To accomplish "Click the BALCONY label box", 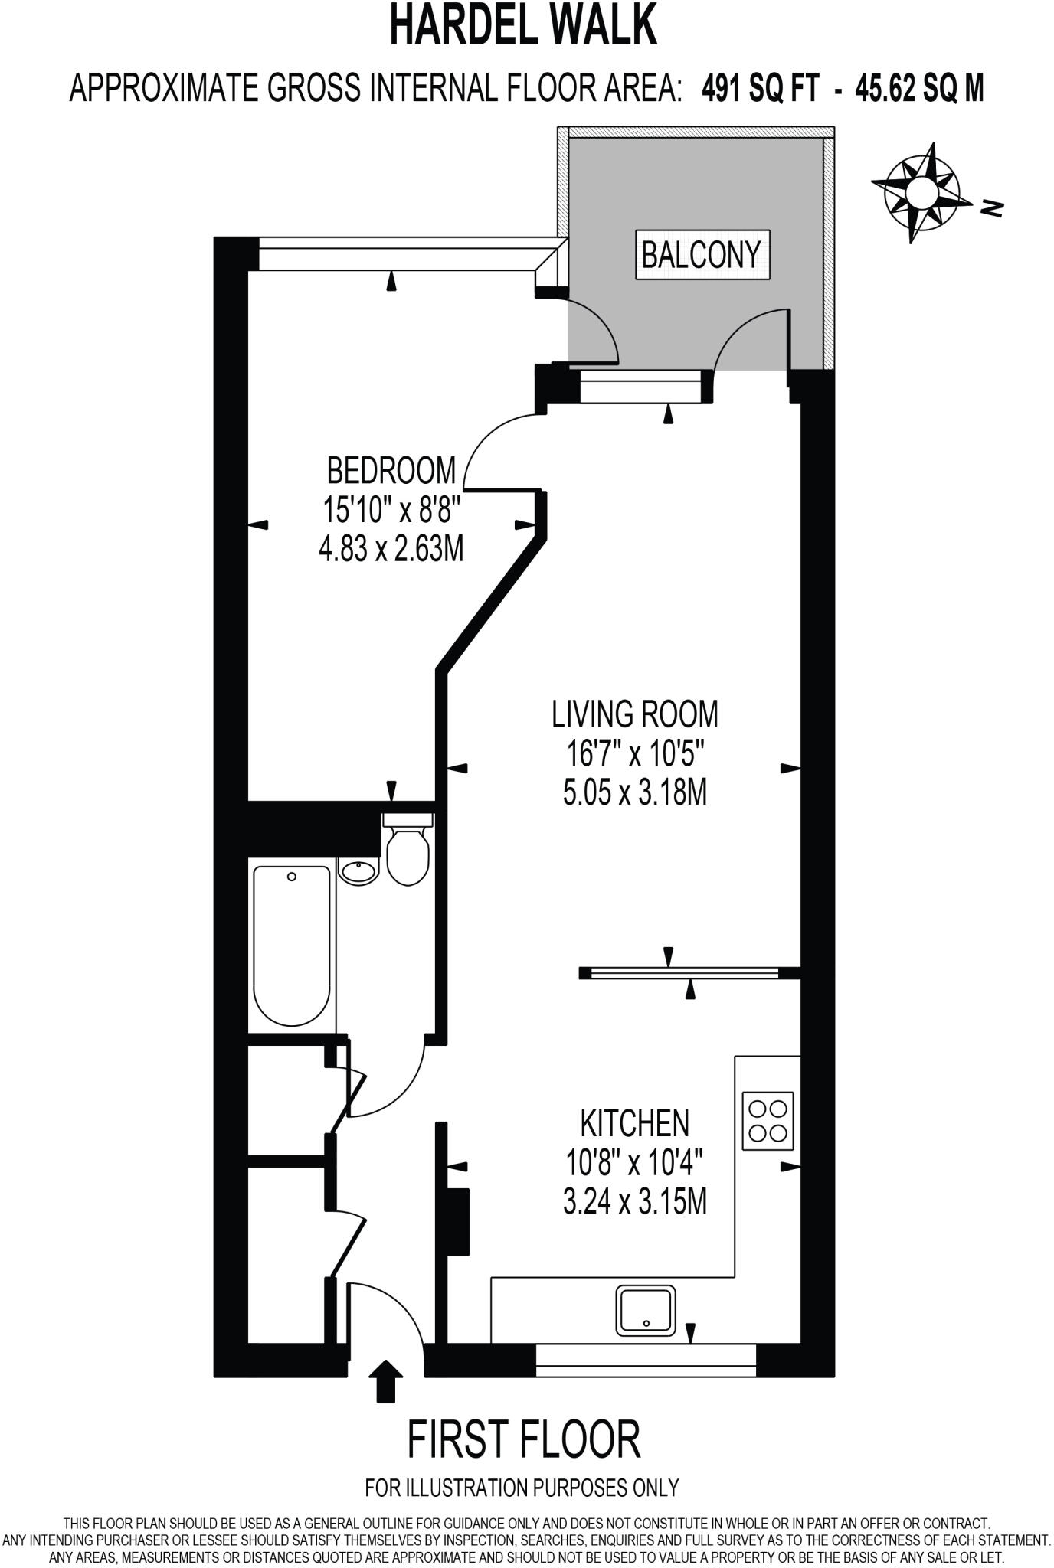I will [x=702, y=254].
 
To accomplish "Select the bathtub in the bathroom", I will [x=292, y=946].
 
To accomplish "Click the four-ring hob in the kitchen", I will [x=768, y=1121].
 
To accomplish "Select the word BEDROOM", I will [x=391, y=470].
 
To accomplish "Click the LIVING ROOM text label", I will [x=635, y=714].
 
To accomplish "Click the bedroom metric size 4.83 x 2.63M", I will [x=391, y=549].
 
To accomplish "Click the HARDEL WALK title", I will [x=524, y=26].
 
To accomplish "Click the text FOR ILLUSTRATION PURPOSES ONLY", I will [x=522, y=1488].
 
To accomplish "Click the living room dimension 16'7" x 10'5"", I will [x=635, y=754].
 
